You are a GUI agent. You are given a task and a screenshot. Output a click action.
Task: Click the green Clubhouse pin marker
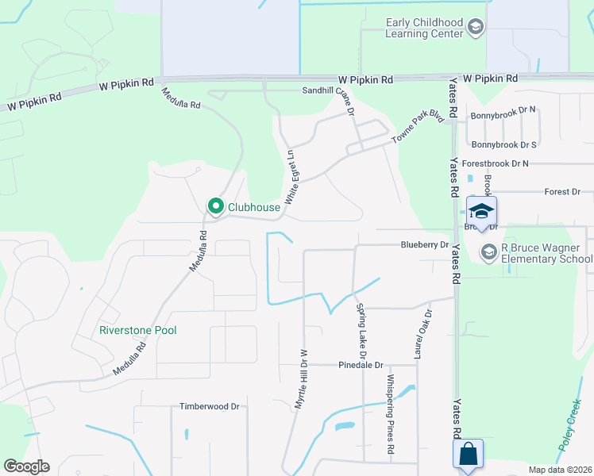pyautogui.click(x=215, y=206)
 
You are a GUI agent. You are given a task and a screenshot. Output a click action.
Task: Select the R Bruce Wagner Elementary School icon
pyautogui.click(x=489, y=252)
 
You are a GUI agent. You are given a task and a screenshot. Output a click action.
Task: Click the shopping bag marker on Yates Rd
pyautogui.click(x=468, y=455)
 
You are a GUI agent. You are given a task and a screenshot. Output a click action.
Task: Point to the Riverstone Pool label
pyautogui.click(x=137, y=330)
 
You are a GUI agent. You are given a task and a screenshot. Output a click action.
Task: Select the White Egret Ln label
pyautogui.click(x=291, y=175)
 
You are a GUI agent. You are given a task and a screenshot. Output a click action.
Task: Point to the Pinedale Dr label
pyautogui.click(x=361, y=366)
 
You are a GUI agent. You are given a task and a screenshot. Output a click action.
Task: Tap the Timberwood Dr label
pyautogui.click(x=210, y=406)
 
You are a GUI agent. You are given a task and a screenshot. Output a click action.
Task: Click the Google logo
pyautogui.click(x=26, y=466)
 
